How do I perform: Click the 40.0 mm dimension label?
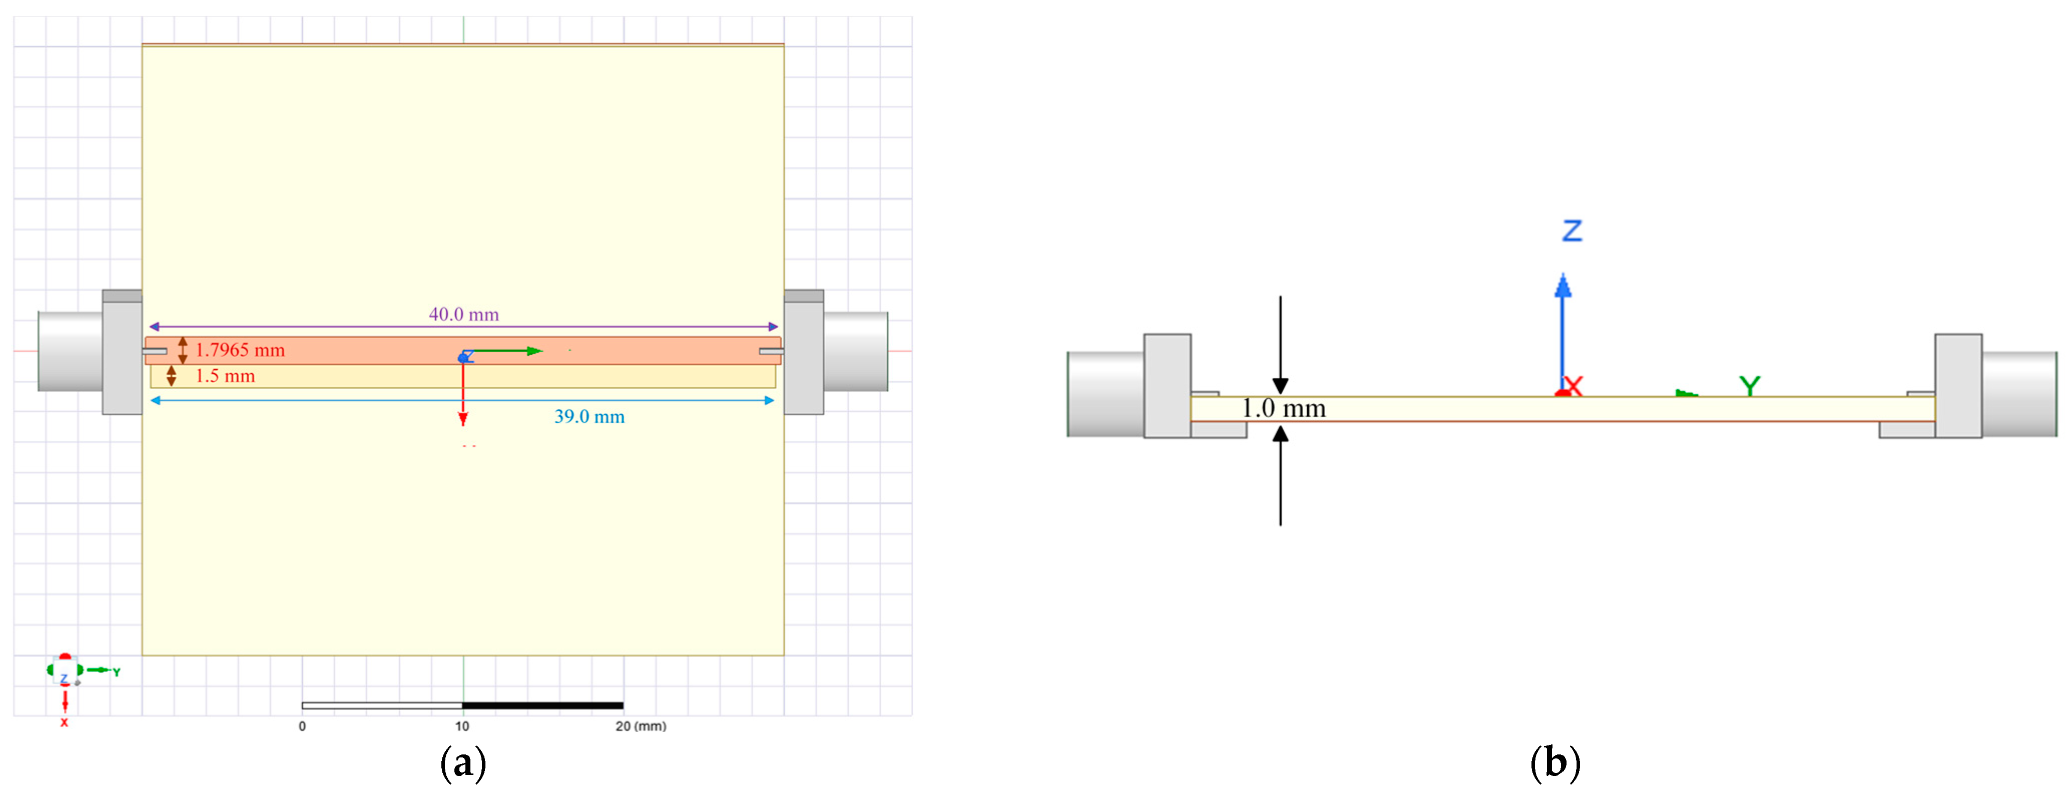pos(463,314)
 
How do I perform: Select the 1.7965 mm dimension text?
pos(240,350)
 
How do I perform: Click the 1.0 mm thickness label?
pos(1283,408)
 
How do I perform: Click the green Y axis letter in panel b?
pos(1749,386)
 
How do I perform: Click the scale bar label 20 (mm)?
pos(640,726)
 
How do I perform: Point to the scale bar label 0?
pos(303,726)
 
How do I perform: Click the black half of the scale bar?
pos(543,706)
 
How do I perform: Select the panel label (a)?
pos(463,762)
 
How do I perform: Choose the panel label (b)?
pos(1555,762)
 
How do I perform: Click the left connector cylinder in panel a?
pos(71,351)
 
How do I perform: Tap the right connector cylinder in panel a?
pos(856,351)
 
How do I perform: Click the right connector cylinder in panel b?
pos(2019,394)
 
